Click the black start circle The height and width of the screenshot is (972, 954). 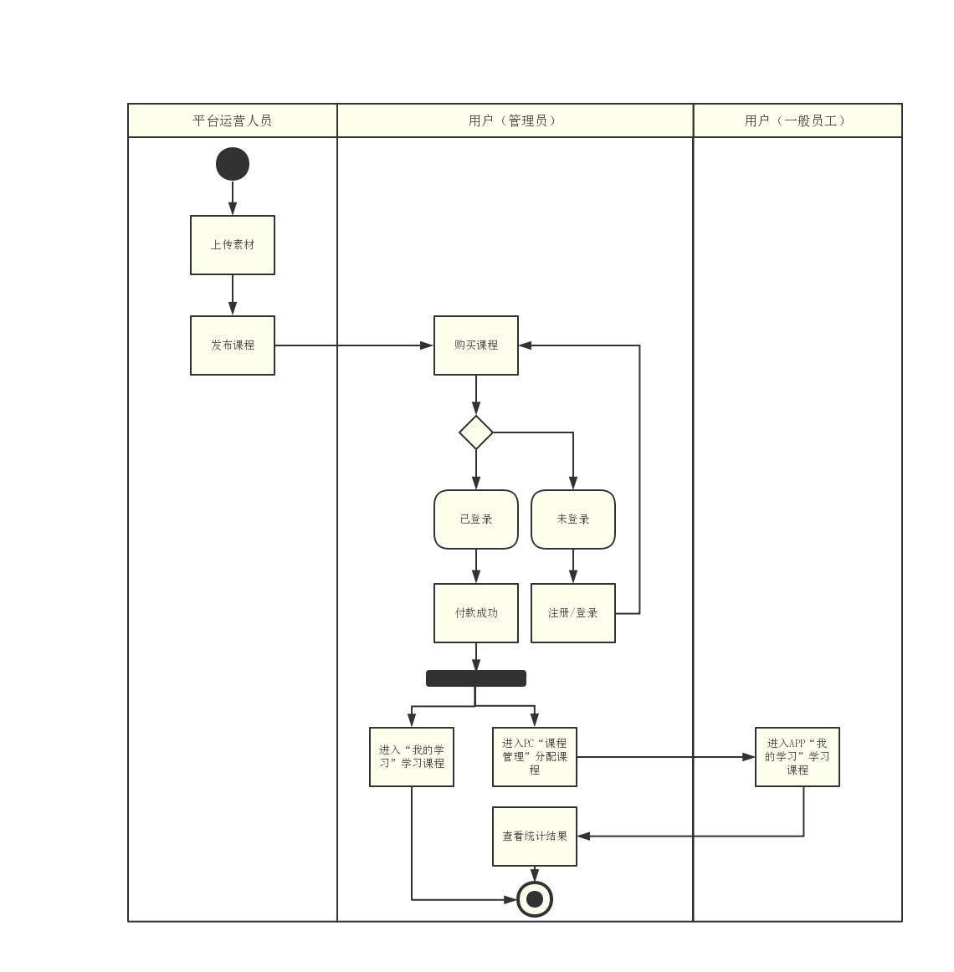pyautogui.click(x=233, y=164)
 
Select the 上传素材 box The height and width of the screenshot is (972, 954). pyautogui.click(x=233, y=245)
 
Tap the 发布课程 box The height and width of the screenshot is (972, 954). pyautogui.click(x=233, y=345)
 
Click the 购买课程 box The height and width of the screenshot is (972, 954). pyautogui.click(x=476, y=345)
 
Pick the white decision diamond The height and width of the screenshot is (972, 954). pyautogui.click(x=476, y=432)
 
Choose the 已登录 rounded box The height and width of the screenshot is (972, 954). pyautogui.click(x=476, y=519)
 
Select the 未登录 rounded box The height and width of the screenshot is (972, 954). pyautogui.click(x=573, y=519)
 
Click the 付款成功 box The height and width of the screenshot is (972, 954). pyautogui.click(x=476, y=613)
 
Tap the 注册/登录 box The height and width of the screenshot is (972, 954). pyautogui.click(x=573, y=613)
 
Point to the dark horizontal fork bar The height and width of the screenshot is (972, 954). pyautogui.click(x=476, y=678)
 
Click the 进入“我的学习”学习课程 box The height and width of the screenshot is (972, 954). pyautogui.click(x=412, y=757)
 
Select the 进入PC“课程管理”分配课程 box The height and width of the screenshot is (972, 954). pyautogui.click(x=535, y=757)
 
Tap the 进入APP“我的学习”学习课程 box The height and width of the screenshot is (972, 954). pyautogui.click(x=798, y=757)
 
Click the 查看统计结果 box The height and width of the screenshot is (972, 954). pyautogui.click(x=535, y=836)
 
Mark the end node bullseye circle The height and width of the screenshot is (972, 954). pyautogui.click(x=535, y=900)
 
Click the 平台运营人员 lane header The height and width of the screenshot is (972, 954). pyautogui.click(x=233, y=120)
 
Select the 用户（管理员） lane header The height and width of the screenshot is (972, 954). pyautogui.click(x=515, y=120)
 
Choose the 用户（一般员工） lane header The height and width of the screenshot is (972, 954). pyautogui.click(x=798, y=120)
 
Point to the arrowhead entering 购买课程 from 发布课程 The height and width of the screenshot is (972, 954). pyautogui.click(x=428, y=345)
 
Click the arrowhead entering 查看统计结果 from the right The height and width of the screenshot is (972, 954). pyautogui.click(x=583, y=836)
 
